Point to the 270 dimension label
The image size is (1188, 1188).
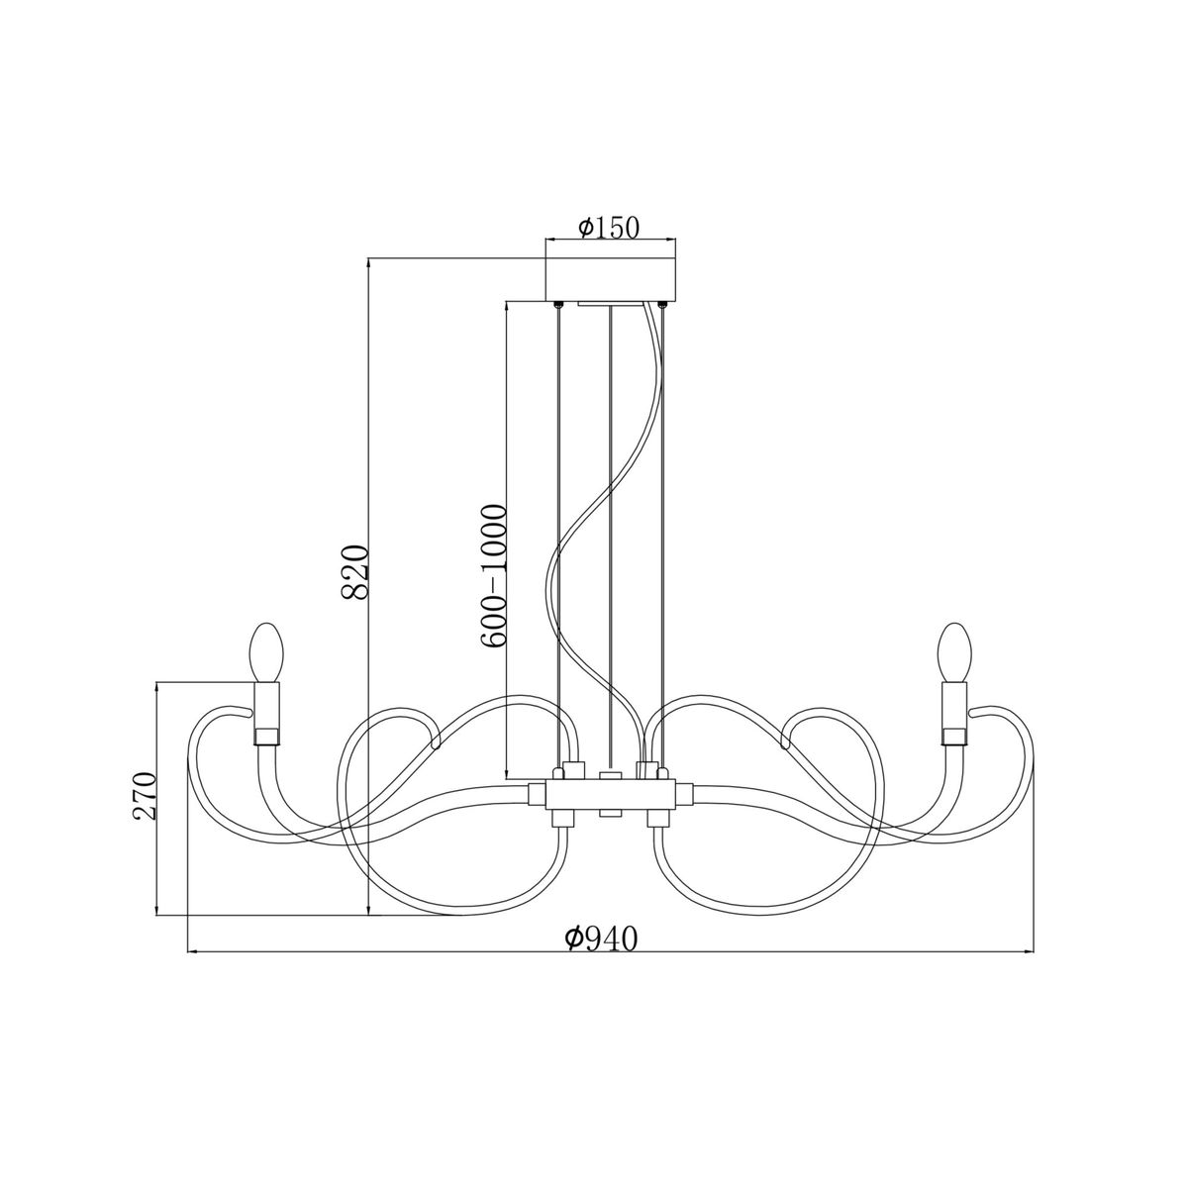point(146,795)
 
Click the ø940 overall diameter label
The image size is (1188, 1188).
point(600,939)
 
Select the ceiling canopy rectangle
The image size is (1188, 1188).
point(611,278)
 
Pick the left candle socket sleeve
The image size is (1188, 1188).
point(267,714)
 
